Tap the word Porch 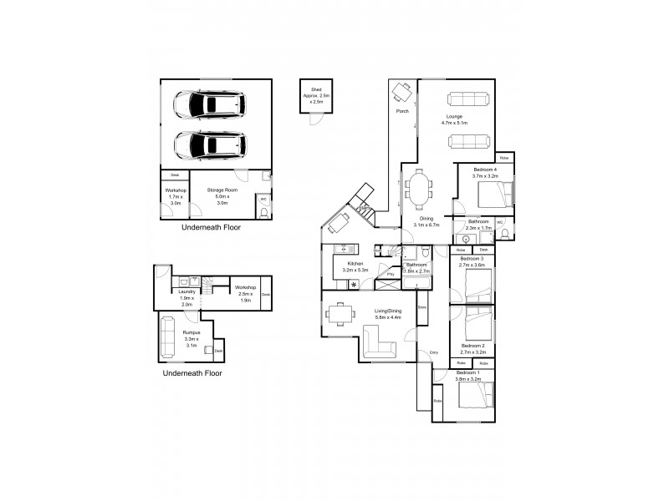pyautogui.click(x=401, y=111)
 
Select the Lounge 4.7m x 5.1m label pyautogui.click(x=454, y=119)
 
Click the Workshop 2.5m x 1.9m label pyautogui.click(x=244, y=292)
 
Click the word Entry pyautogui.click(x=434, y=353)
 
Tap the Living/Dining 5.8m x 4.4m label pyautogui.click(x=387, y=314)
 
